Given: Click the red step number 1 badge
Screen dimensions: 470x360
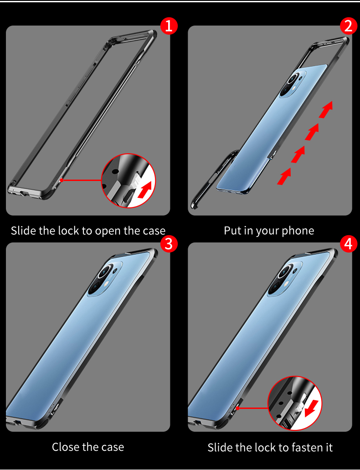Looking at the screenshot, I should [x=168, y=26].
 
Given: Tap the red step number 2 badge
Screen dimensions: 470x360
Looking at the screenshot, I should [x=349, y=26].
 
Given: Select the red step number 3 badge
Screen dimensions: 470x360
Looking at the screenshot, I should [x=168, y=244].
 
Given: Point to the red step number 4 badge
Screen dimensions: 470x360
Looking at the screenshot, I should [x=349, y=244].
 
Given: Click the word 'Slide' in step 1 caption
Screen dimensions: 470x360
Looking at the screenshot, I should [x=24, y=230].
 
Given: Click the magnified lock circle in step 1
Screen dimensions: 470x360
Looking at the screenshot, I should [x=128, y=181].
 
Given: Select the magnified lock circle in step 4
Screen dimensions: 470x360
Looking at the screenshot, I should [x=295, y=402].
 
